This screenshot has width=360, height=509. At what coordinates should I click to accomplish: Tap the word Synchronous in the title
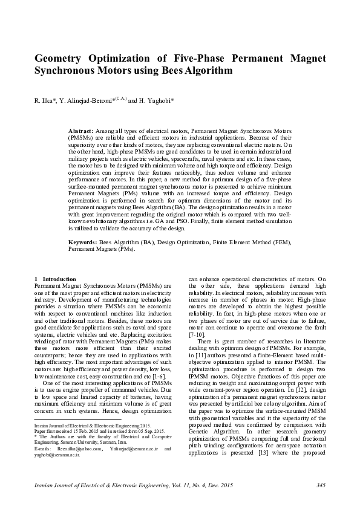tap(68, 71)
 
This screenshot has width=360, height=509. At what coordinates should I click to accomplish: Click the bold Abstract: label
tap(80, 131)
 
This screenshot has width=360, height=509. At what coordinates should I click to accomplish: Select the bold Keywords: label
tap(83, 242)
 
